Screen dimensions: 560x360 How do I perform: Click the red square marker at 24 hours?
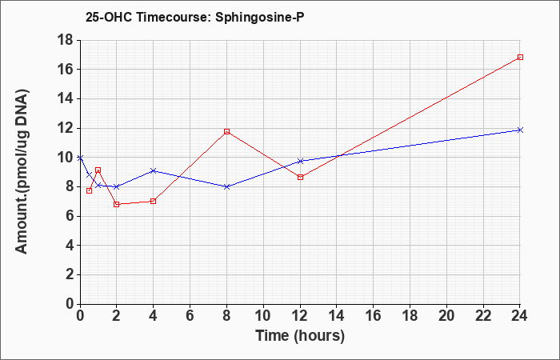point(520,57)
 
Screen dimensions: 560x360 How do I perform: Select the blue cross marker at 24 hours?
point(520,130)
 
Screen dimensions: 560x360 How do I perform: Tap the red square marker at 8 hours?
point(226,131)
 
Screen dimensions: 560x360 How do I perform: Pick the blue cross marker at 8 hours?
point(226,186)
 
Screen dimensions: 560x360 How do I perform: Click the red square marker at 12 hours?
point(300,177)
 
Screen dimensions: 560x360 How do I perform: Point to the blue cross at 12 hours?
point(300,161)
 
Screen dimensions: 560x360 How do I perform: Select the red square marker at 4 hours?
point(154,201)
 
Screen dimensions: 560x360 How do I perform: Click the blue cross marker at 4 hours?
point(154,170)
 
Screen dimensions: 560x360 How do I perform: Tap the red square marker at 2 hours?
point(117,204)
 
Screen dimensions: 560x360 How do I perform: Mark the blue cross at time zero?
point(80,158)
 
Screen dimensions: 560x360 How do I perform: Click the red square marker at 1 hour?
point(98,170)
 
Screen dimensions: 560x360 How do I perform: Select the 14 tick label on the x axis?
point(337,316)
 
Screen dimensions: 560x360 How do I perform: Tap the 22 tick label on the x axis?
point(483,316)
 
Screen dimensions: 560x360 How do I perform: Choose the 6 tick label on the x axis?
point(190,316)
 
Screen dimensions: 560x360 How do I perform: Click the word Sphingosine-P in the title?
point(260,18)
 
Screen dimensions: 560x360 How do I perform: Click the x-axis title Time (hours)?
point(300,336)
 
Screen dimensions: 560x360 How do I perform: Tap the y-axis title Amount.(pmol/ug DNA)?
point(22,172)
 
